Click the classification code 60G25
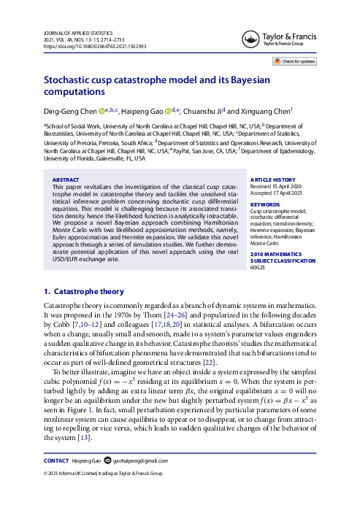(x=259, y=268)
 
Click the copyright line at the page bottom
(x=104, y=494)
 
